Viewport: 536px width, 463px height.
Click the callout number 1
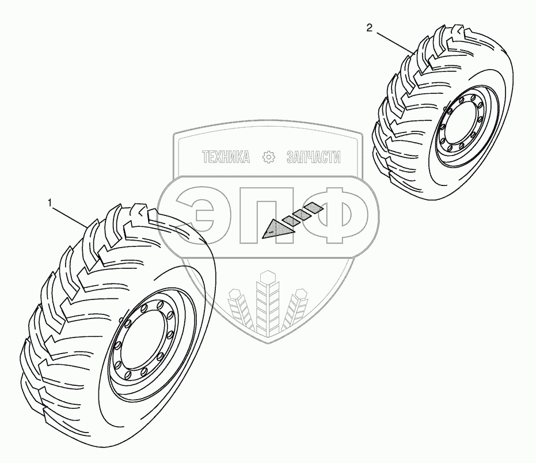(x=51, y=203)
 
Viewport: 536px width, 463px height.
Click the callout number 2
(x=369, y=27)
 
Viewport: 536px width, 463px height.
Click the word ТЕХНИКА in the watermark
(x=226, y=157)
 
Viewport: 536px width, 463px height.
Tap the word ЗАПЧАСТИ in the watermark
(x=314, y=157)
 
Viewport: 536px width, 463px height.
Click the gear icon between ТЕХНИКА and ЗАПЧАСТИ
(x=268, y=157)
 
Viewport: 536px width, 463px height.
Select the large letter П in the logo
(x=266, y=215)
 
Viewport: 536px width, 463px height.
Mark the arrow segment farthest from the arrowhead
(x=313, y=207)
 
